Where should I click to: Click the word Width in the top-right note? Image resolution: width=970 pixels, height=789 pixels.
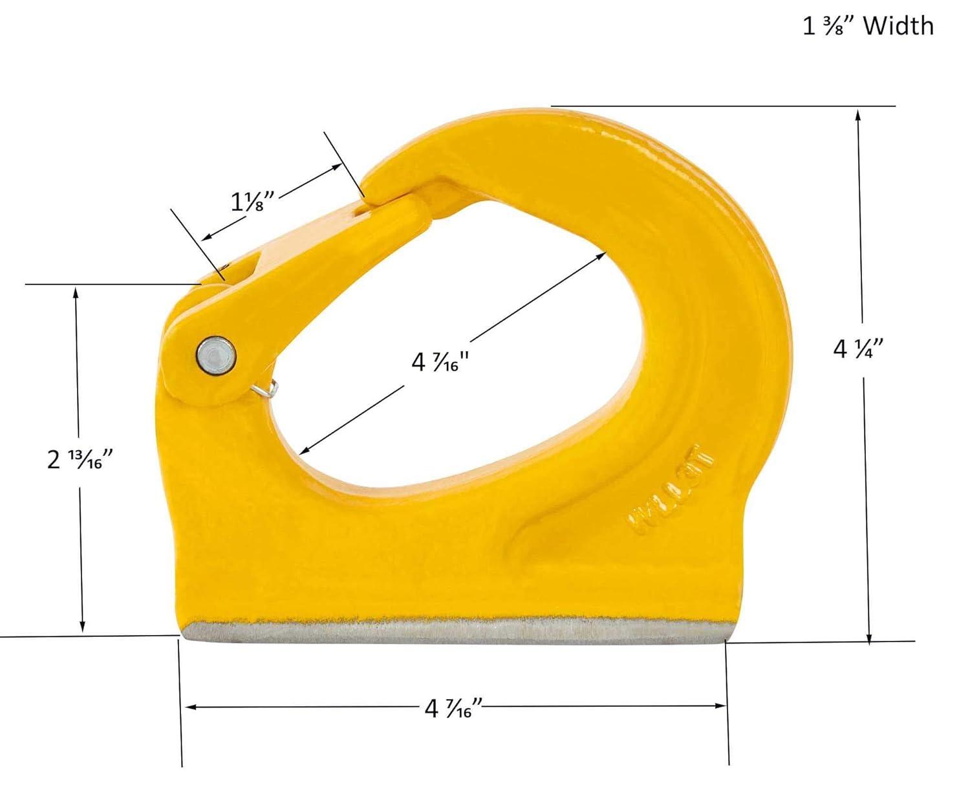[898, 26]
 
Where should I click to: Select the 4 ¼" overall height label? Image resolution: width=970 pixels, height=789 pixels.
[858, 349]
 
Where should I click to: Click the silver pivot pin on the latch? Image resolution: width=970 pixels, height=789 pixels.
[216, 355]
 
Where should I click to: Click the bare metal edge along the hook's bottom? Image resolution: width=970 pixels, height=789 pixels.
[453, 630]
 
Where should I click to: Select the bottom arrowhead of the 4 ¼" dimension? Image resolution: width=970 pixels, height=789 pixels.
[870, 636]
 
